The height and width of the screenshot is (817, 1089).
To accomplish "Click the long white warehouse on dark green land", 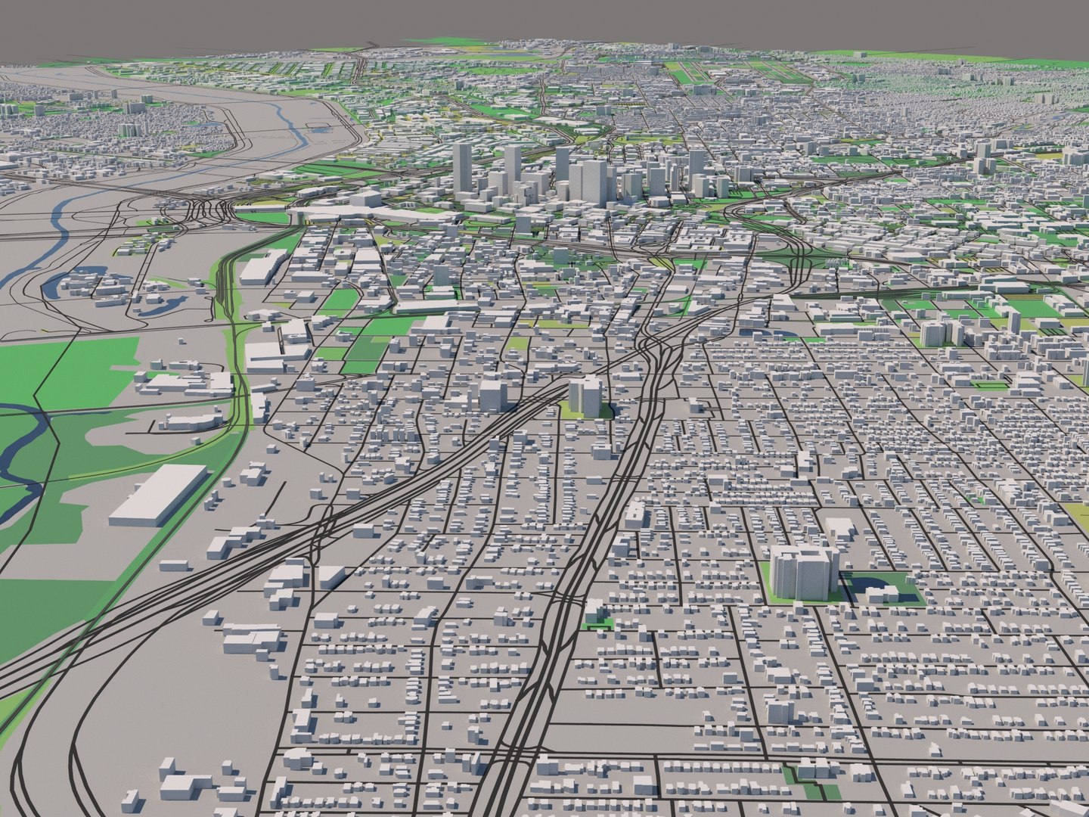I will click(157, 495).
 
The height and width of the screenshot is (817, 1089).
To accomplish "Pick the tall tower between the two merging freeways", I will click(585, 396).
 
